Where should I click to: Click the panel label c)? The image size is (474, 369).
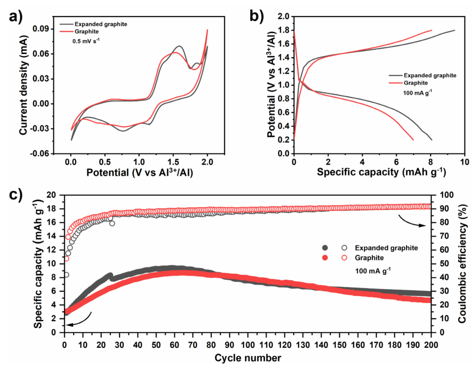click(16, 194)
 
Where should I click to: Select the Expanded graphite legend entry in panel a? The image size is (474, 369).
click(101, 24)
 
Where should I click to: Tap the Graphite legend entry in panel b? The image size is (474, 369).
click(415, 83)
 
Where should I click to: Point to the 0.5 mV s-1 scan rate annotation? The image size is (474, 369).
click(86, 41)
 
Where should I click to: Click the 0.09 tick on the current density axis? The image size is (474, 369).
click(41, 29)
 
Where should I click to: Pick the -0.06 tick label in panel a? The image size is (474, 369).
click(40, 154)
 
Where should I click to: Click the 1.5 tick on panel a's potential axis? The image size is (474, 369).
click(173, 162)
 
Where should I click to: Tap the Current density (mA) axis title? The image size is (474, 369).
click(23, 85)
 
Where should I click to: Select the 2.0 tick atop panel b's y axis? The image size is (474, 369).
click(284, 17)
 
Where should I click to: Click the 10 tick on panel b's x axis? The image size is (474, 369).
click(464, 162)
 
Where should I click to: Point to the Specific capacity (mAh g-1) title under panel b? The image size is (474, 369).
click(381, 172)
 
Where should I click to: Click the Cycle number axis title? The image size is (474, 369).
click(248, 358)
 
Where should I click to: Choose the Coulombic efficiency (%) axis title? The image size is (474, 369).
click(462, 263)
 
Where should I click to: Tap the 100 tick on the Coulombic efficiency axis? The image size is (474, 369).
click(447, 195)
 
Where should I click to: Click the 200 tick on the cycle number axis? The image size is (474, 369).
click(431, 345)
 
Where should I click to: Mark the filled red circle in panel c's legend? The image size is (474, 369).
click(325, 258)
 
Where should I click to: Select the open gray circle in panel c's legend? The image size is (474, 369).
click(344, 248)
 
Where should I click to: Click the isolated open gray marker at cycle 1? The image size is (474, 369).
click(66, 275)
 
